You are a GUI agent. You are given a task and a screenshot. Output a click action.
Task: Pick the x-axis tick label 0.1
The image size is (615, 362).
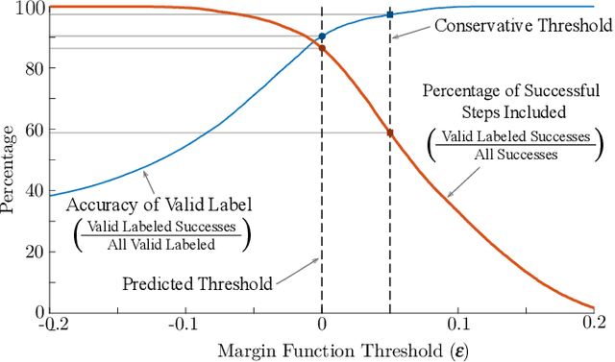tap(458, 326)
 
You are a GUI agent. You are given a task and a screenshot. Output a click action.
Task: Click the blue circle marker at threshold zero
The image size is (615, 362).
tap(322, 37)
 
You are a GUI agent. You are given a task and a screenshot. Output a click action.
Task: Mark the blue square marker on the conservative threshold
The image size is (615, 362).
tap(390, 15)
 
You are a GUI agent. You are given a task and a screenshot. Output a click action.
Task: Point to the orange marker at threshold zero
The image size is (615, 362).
tap(322, 49)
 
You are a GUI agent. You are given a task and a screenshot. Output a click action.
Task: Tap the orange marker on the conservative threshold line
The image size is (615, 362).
tap(390, 133)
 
